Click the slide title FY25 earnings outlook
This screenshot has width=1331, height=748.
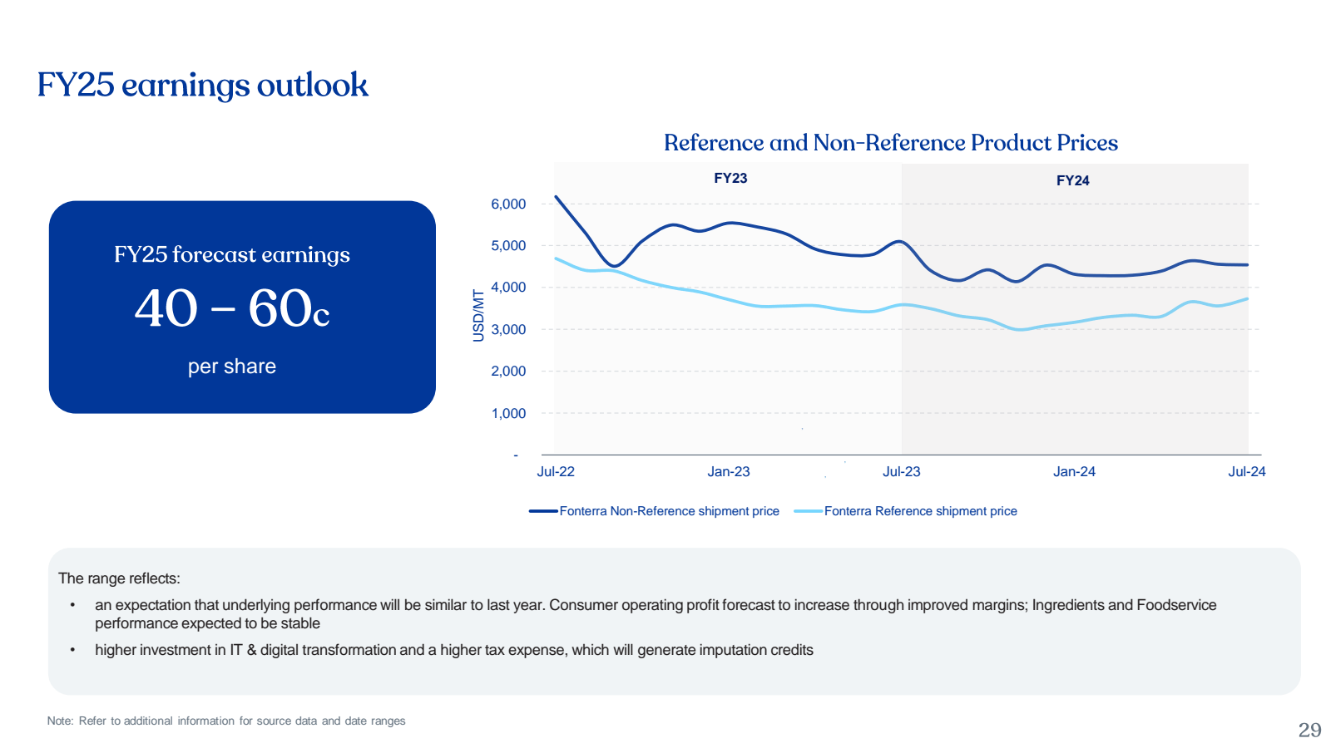(x=202, y=86)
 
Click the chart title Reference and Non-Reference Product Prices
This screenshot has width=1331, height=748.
(x=890, y=143)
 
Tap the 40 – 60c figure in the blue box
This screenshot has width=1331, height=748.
(x=232, y=309)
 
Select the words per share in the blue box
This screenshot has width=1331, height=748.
(x=232, y=367)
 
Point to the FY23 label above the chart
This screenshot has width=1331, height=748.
(x=730, y=178)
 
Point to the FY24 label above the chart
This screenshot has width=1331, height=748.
(x=1072, y=180)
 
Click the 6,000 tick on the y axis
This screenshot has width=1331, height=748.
(x=508, y=204)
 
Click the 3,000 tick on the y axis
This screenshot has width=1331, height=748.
(x=508, y=330)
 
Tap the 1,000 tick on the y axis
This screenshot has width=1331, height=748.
(x=508, y=414)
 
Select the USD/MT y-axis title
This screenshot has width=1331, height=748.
(x=478, y=316)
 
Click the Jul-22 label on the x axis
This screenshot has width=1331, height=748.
(x=556, y=472)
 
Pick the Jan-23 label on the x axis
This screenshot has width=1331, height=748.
(x=729, y=472)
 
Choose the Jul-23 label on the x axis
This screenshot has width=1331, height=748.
(x=902, y=472)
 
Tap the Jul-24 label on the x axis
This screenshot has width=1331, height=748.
(x=1247, y=472)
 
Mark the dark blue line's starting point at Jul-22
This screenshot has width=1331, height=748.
(x=556, y=197)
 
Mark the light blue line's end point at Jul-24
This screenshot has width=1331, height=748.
(x=1247, y=299)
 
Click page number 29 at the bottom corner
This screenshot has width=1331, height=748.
(x=1309, y=731)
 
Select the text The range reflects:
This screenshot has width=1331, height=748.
(x=119, y=578)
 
